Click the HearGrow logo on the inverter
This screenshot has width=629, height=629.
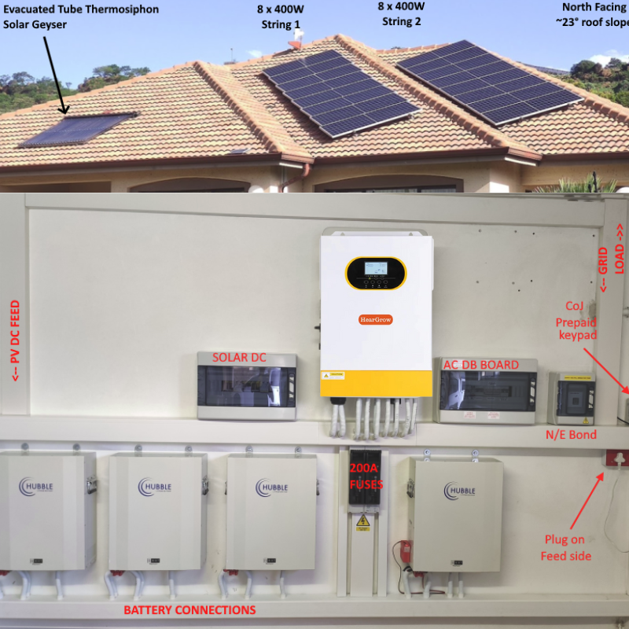click(x=375, y=319)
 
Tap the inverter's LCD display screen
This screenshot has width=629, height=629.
click(x=375, y=270)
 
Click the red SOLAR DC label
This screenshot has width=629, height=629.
click(x=239, y=358)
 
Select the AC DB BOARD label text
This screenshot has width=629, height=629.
click(x=481, y=365)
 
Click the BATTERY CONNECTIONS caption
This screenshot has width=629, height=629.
click(x=189, y=610)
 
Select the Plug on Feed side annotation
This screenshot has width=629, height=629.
click(x=565, y=548)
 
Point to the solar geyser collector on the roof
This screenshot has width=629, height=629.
click(x=77, y=130)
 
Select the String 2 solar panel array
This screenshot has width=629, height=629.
click(x=487, y=81)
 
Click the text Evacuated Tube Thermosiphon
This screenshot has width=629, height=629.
click(x=81, y=9)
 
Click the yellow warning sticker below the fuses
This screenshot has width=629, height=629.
click(x=362, y=520)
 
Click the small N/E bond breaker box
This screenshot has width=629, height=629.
click(x=571, y=398)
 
